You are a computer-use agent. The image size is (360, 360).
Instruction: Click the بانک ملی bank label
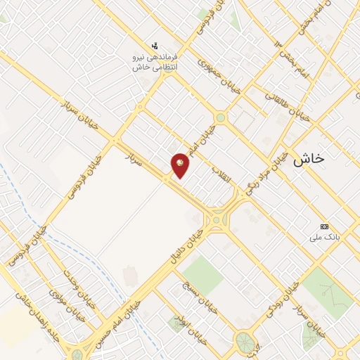(x=324, y=237)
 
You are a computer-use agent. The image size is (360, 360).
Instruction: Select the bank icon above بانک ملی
(x=324, y=226)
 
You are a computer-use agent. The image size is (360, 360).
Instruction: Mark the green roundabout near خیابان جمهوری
(x=221, y=117)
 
